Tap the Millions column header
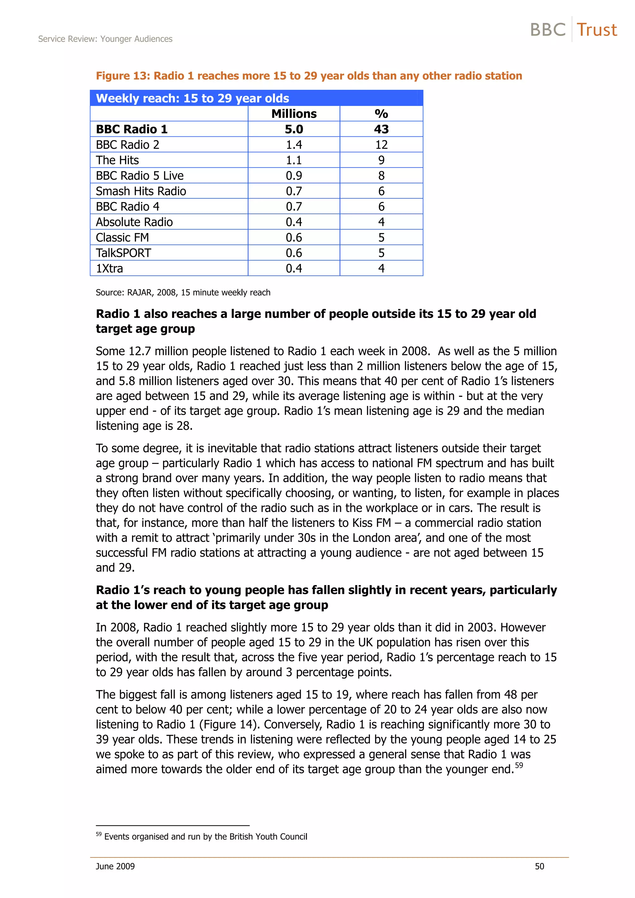click(294, 114)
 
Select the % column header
click(381, 114)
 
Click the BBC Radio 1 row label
click(131, 129)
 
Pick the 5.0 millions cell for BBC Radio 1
click(294, 129)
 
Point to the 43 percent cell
click(381, 129)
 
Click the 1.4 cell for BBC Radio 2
click(294, 145)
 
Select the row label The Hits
click(118, 160)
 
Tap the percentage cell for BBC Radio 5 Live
click(381, 176)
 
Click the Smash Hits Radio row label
click(141, 191)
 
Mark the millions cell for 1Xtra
click(294, 268)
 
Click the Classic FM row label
click(122, 237)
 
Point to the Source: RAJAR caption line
click(183, 293)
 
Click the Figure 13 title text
click(309, 76)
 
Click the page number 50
click(539, 866)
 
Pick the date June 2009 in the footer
click(115, 866)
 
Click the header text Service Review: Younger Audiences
click(105, 39)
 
